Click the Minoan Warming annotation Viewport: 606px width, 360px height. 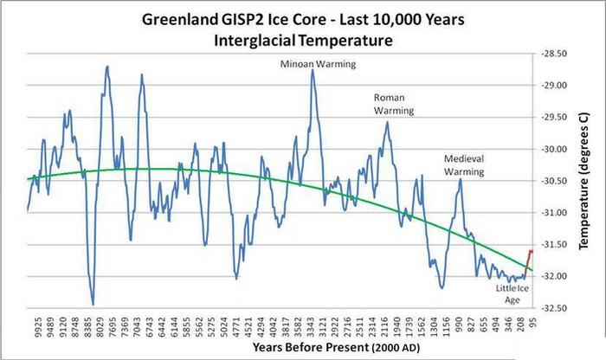313,63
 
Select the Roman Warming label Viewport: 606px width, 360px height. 394,104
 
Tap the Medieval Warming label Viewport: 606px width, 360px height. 464,165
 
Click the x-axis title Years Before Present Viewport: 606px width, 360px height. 301,347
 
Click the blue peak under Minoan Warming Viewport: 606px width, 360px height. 313,70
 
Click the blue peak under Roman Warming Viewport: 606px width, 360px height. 387,122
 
